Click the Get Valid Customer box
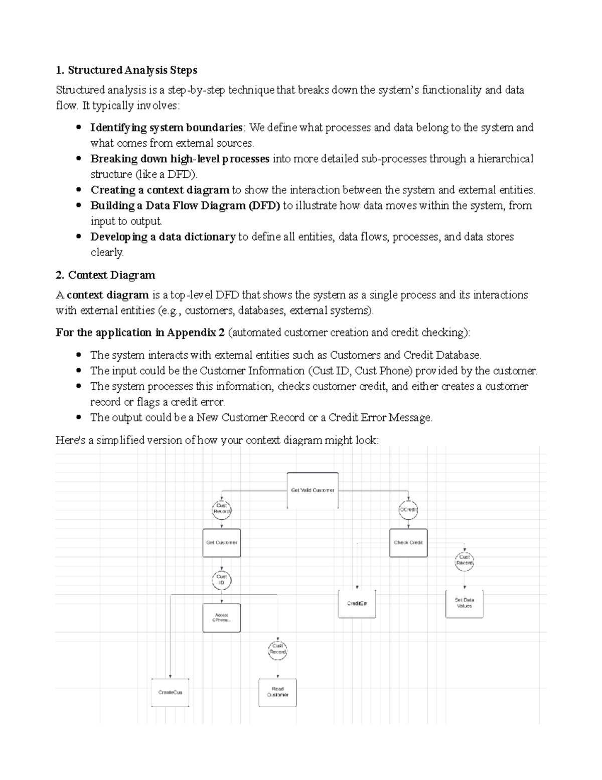313,490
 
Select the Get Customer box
222,542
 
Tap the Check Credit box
408,542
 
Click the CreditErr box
357,603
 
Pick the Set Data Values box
465,603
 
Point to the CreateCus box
170,692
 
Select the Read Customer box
277,692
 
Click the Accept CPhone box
222,617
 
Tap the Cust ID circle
222,580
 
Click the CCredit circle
408,509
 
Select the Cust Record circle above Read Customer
277,649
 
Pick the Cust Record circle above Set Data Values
465,561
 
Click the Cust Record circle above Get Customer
222,509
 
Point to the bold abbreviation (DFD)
264,205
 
